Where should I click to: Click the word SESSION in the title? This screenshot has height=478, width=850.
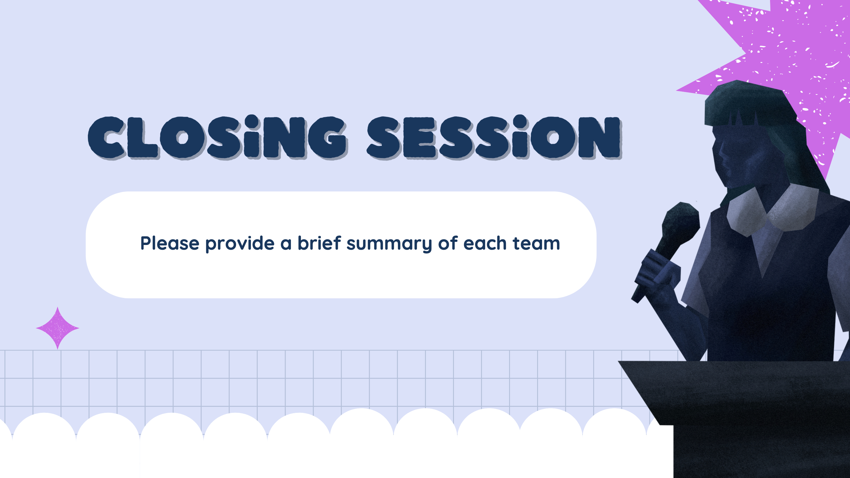[x=494, y=137]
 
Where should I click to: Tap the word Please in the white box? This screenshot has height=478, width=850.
[x=170, y=243]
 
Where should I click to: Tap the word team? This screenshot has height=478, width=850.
[x=536, y=244]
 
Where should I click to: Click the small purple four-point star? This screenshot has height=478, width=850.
[x=57, y=328]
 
